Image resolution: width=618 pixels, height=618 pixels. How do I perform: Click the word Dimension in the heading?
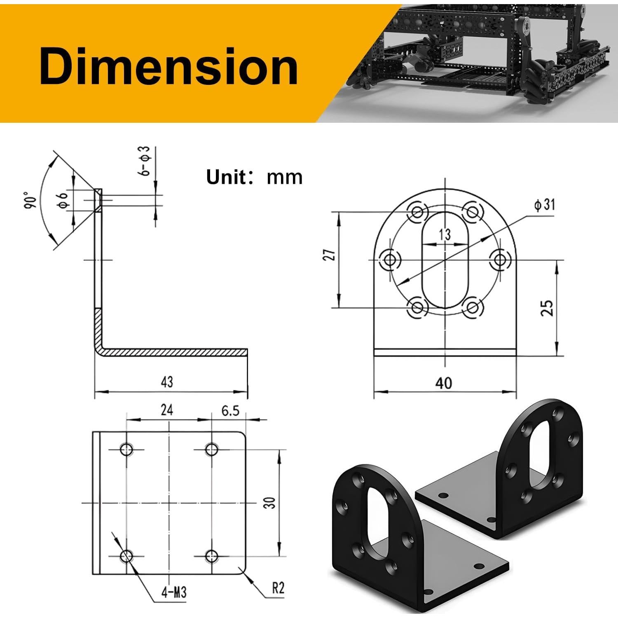(x=169, y=66)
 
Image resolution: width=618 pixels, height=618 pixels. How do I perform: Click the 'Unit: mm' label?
(x=254, y=177)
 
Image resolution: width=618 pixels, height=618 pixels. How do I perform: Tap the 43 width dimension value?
(x=167, y=382)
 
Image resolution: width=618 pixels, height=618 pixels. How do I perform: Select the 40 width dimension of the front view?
(x=443, y=383)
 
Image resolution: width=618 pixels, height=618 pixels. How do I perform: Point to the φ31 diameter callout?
(x=544, y=204)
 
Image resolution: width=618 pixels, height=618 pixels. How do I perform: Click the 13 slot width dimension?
(x=445, y=234)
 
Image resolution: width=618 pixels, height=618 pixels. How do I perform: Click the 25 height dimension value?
(x=547, y=308)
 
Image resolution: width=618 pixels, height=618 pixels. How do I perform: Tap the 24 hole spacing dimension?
(x=166, y=410)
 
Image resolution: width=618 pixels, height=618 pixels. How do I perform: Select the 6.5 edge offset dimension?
(x=230, y=410)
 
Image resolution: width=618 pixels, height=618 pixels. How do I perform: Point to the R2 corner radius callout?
(x=278, y=588)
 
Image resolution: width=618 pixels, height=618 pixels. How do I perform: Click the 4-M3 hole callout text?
(x=174, y=592)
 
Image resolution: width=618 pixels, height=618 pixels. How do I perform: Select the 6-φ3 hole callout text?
(x=145, y=161)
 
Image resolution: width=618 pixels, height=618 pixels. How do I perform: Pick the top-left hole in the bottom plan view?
(x=126, y=449)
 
